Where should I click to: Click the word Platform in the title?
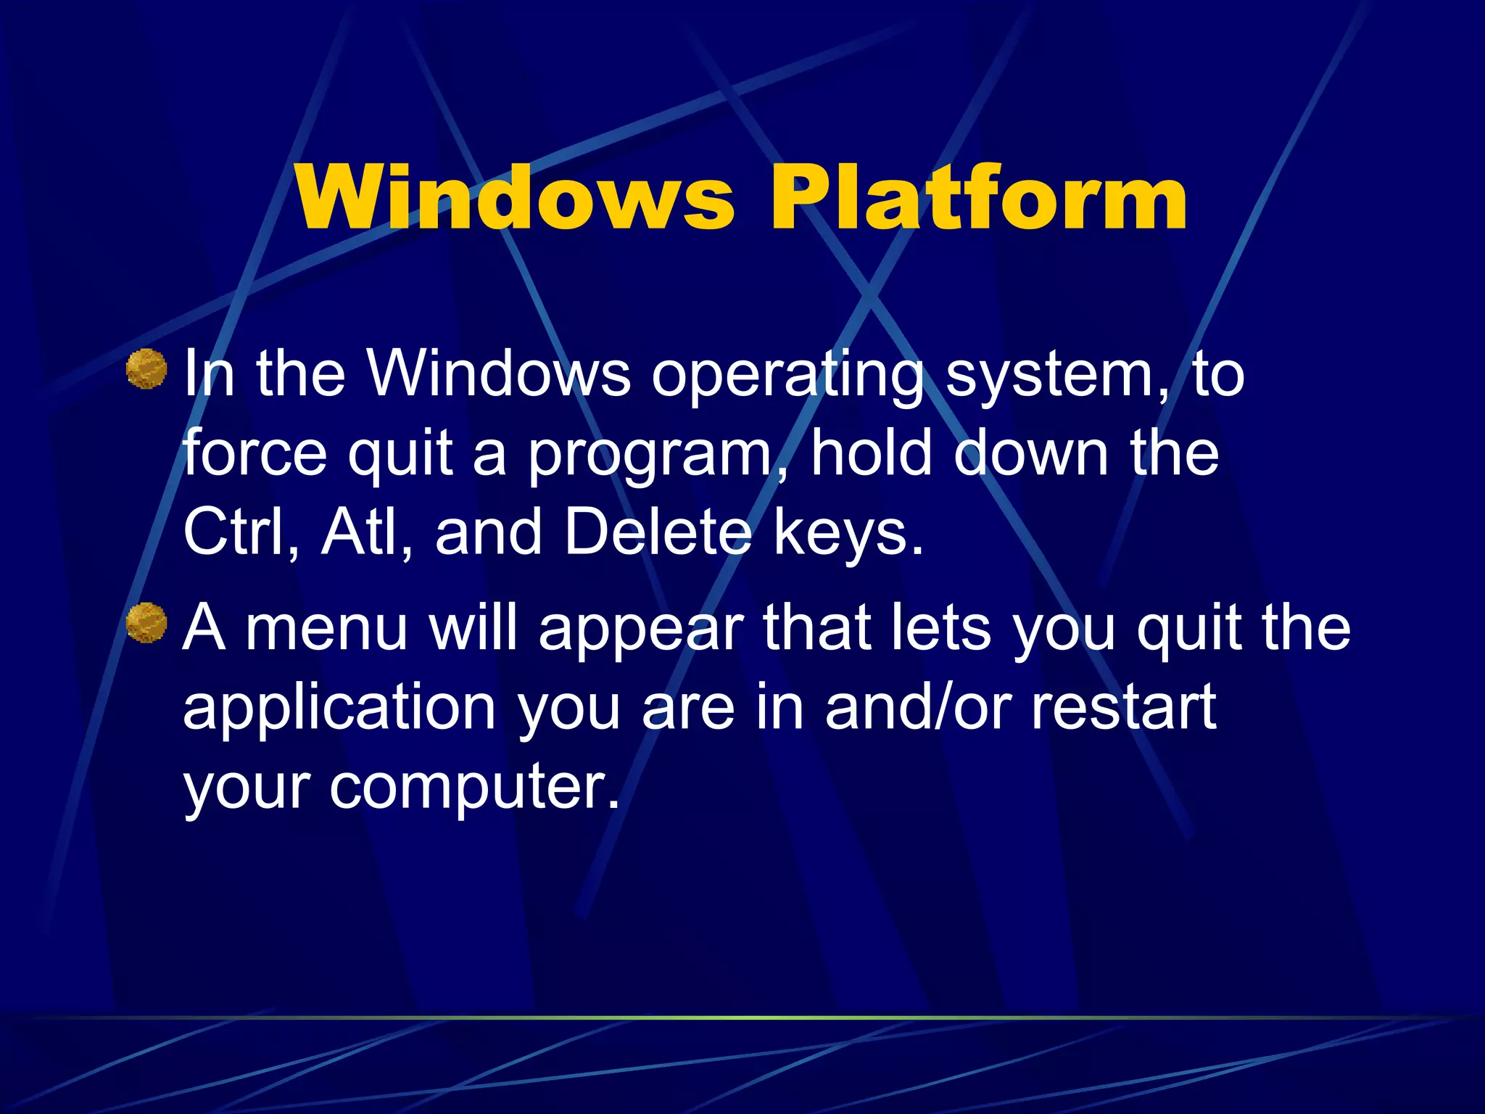point(978,197)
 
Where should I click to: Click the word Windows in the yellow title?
point(515,197)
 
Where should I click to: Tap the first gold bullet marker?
point(146,368)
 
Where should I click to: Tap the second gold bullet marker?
point(146,622)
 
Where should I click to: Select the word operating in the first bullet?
point(787,376)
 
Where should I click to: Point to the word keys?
point(848,533)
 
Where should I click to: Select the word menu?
point(327,628)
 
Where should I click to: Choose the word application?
point(339,708)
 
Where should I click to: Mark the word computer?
point(475,788)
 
